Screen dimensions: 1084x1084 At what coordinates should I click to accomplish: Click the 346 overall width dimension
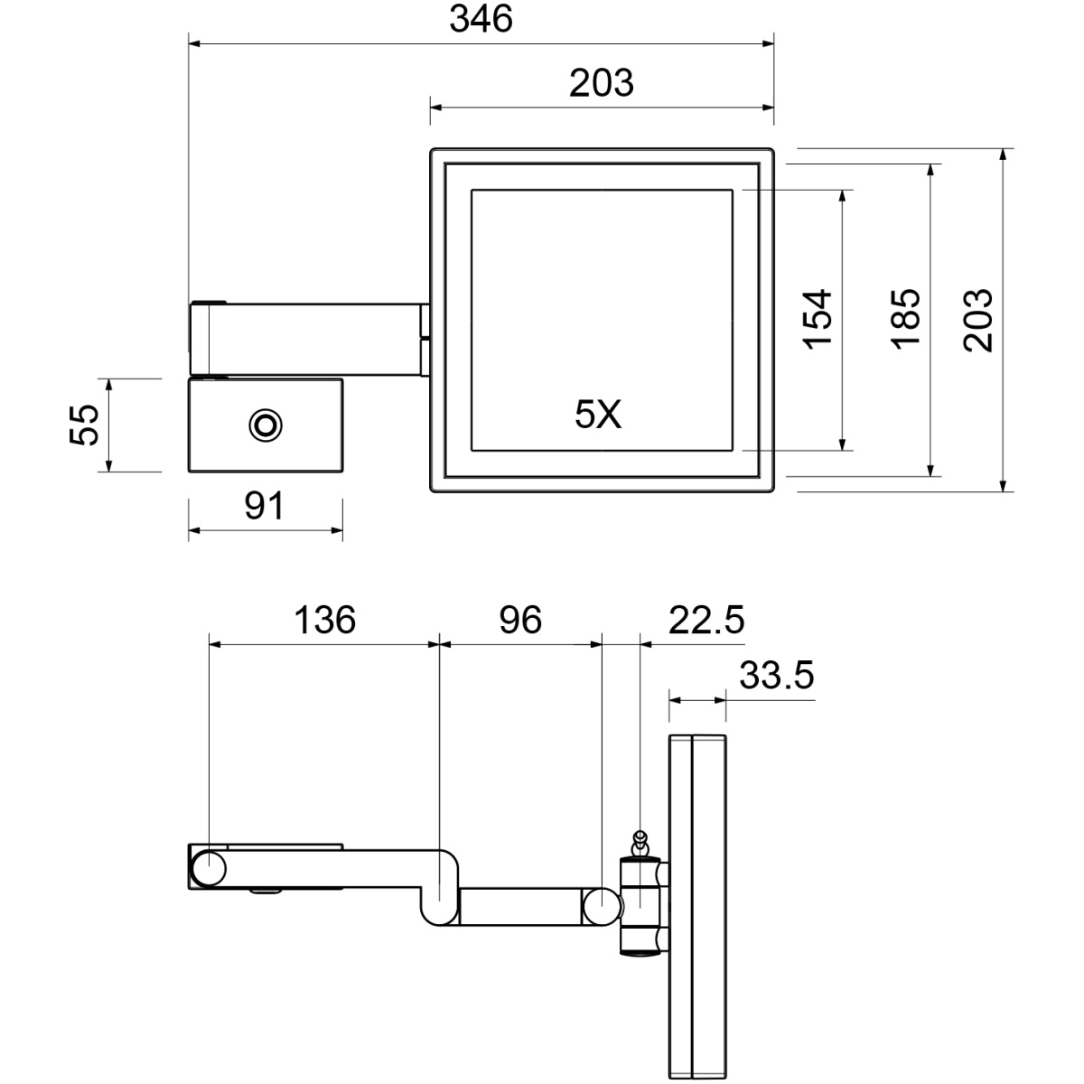coord(481,19)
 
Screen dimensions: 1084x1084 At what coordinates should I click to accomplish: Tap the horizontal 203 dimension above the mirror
coord(602,83)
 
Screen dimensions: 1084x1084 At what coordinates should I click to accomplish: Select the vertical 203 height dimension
coord(978,321)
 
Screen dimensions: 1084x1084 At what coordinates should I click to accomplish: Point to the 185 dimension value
coord(906,319)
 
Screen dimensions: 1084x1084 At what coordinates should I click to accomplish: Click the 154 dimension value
coord(817,320)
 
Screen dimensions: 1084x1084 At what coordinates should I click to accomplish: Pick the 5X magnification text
coord(598,415)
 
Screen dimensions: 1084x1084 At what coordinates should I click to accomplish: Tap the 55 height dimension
coord(84,425)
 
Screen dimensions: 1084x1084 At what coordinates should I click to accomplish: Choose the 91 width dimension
coord(265,505)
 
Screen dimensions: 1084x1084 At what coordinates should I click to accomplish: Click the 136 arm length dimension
coord(325,620)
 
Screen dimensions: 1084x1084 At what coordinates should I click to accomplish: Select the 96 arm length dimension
coord(520,620)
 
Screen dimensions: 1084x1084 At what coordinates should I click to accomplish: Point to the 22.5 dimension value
coord(706,620)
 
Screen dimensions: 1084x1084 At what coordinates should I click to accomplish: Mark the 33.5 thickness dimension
coord(777,675)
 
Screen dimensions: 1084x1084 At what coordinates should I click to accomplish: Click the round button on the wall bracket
coord(266,425)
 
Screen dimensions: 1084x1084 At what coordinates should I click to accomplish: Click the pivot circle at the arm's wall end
coord(210,869)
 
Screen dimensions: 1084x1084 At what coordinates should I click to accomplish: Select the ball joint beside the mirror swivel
coord(602,906)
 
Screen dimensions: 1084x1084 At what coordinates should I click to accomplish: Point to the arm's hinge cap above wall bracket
coord(209,303)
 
